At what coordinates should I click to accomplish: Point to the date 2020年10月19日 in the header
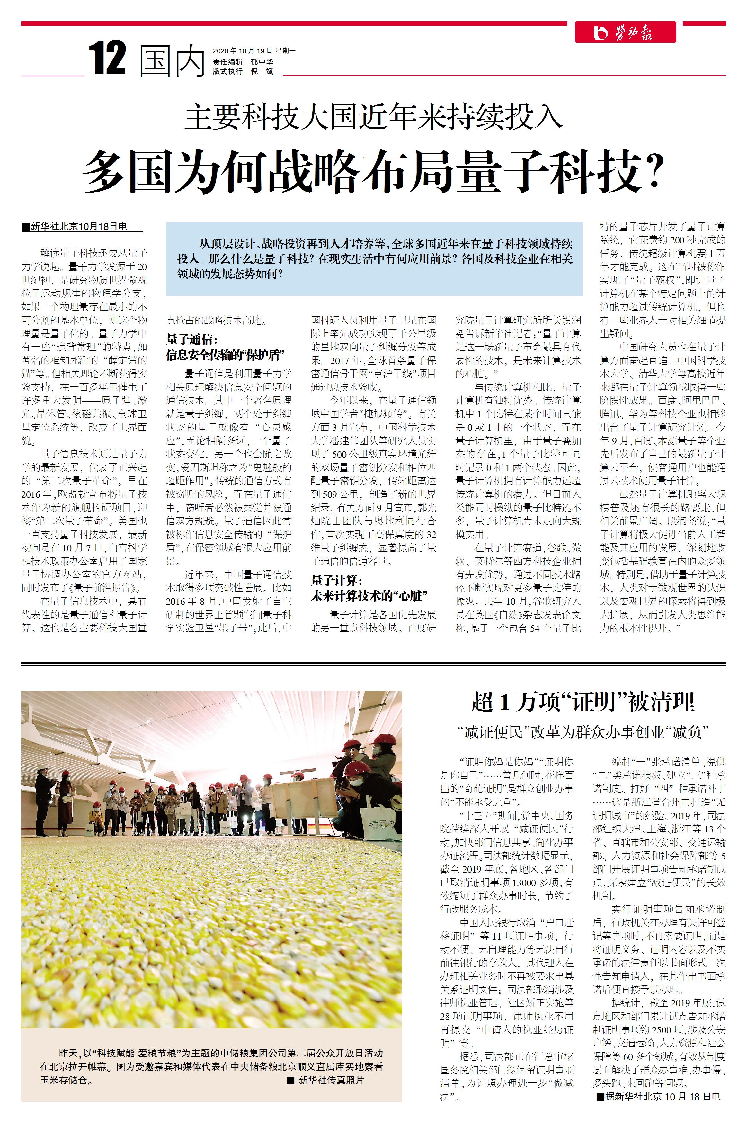point(242,50)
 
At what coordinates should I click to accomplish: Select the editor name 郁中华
point(262,61)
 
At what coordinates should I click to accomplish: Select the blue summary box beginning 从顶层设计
point(374,258)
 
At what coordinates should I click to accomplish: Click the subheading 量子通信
point(191,340)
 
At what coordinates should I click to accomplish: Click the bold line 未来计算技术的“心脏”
point(369,595)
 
